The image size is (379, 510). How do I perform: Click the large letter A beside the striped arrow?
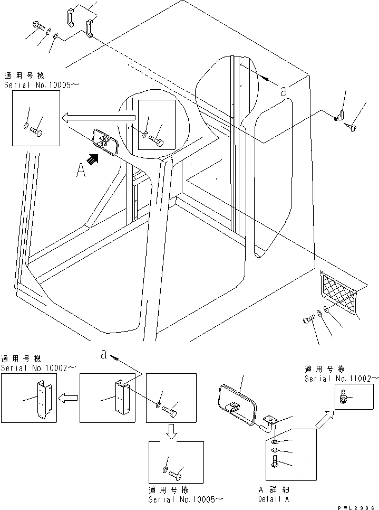tap(81, 172)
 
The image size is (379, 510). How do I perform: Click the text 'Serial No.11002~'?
tap(341, 379)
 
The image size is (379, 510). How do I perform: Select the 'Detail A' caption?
tap(273, 498)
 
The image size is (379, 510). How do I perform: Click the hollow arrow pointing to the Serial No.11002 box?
tap(325, 420)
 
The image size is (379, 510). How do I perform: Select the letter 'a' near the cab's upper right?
tap(284, 91)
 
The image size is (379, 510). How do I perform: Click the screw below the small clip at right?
tap(352, 126)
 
